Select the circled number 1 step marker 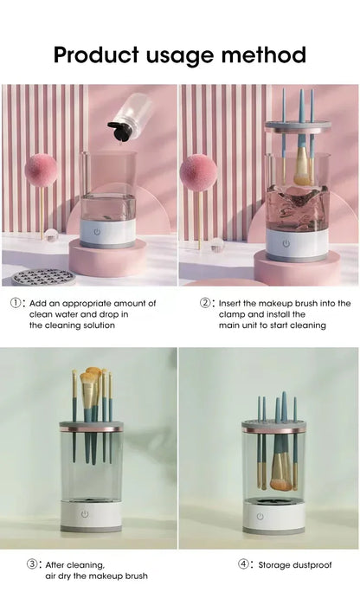click(16, 304)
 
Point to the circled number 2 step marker click(206, 304)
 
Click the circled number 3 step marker click(33, 564)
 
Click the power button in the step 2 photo click(285, 243)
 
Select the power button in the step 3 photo click(85, 514)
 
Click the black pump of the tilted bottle click(118, 131)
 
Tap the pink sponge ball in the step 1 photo click(41, 171)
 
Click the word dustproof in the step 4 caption click(313, 564)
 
